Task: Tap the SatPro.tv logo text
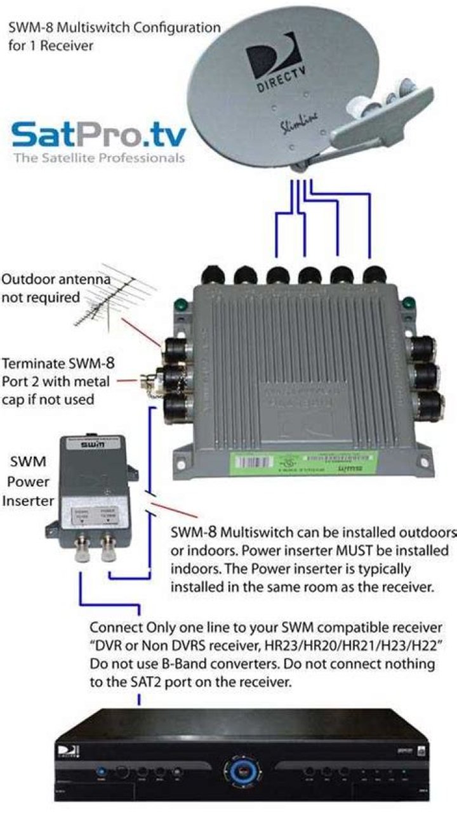(98, 136)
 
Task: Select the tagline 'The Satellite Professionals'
(99, 157)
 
